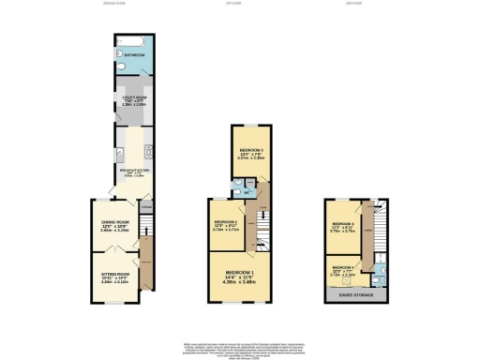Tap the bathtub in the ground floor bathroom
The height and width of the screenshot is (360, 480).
[128, 43]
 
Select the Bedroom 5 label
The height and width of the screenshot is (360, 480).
[343, 269]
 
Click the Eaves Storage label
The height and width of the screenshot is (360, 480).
[355, 295]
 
